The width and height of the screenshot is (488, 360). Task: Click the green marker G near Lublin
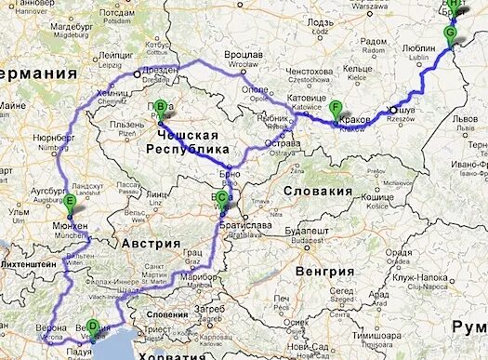click(451, 34)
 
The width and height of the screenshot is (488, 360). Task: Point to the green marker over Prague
click(160, 108)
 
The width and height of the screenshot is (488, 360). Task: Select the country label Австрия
click(154, 244)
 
